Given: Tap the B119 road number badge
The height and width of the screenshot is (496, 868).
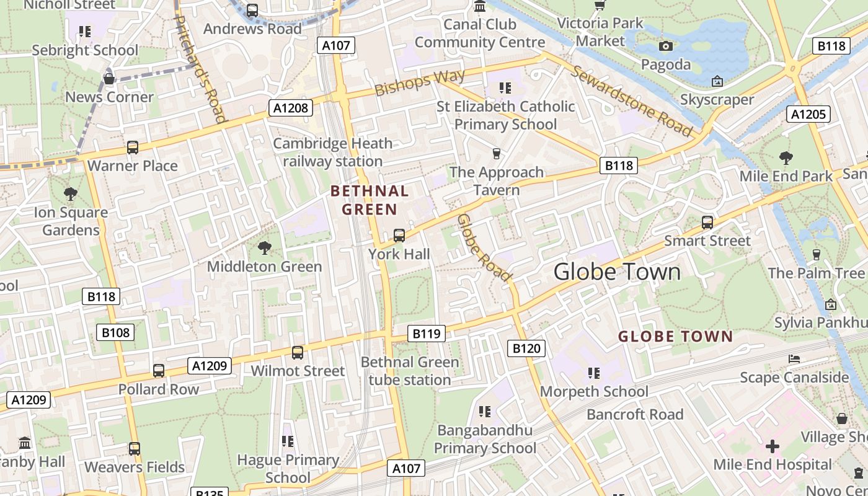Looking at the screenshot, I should point(427,334).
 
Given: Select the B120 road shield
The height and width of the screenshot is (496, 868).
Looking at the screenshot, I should point(526,348).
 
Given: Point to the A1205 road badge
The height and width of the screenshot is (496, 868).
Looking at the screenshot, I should point(808,113).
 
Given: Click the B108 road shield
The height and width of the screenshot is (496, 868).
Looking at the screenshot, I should point(115,332).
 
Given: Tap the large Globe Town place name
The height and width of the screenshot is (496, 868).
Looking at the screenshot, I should point(617,272).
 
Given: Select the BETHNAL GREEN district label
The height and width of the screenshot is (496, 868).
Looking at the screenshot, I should point(370,200).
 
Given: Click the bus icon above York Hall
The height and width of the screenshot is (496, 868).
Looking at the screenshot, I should point(399,236).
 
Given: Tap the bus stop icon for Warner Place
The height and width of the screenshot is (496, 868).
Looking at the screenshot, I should point(133,148).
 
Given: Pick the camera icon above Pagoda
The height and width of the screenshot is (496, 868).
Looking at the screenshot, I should point(666,46).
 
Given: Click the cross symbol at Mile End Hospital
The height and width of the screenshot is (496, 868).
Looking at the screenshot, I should point(773,446).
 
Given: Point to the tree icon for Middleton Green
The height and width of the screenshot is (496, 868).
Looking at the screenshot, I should point(265,248).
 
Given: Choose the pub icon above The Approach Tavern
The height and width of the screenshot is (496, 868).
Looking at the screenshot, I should point(496,153).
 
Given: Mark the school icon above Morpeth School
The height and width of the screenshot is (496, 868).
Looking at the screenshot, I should point(594,373).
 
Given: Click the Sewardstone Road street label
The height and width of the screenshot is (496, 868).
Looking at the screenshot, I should point(631,100).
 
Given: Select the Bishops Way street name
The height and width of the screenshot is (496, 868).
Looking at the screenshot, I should point(420,82).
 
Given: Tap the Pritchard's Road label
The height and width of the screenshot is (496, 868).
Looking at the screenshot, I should point(200,68).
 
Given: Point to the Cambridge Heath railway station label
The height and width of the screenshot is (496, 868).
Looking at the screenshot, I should point(333,153).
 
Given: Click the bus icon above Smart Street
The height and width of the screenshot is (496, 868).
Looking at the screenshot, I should point(707,222).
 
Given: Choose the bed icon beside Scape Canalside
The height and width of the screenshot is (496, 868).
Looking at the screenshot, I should point(794,358).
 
